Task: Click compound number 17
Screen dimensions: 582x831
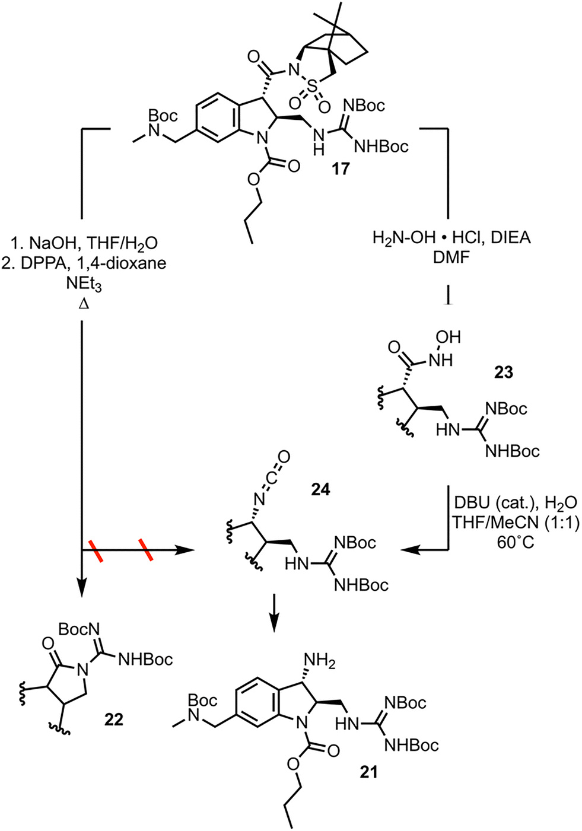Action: tap(341, 169)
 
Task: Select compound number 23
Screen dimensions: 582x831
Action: tap(503, 372)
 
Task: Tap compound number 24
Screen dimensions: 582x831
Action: tap(320, 490)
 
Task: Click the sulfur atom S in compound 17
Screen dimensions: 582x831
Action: tap(313, 88)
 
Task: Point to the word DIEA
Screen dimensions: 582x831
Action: tap(511, 238)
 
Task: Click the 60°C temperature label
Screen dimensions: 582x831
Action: tap(516, 543)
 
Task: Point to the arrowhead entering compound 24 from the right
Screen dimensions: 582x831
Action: tap(408, 551)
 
